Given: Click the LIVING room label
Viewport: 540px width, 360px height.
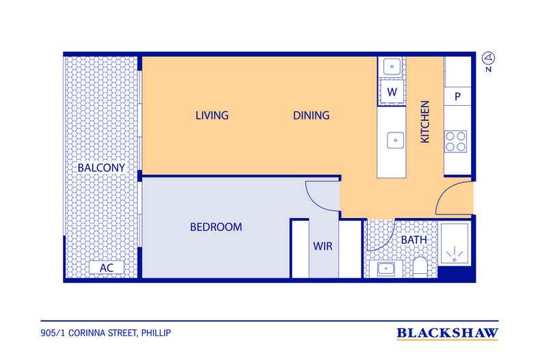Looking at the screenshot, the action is pyautogui.click(x=212, y=115).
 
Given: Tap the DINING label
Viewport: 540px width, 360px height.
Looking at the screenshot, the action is pyautogui.click(x=311, y=115).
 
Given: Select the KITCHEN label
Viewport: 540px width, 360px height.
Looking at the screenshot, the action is pyautogui.click(x=425, y=122).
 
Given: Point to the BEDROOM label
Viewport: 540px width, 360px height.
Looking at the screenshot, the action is pyautogui.click(x=216, y=227).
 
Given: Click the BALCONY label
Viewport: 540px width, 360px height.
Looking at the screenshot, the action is pyautogui.click(x=101, y=168).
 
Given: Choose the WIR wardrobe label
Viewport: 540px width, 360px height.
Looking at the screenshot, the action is pyautogui.click(x=323, y=246).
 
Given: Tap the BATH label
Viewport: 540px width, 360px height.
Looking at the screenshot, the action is pyautogui.click(x=414, y=240).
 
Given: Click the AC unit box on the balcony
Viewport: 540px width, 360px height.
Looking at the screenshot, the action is pyautogui.click(x=107, y=268).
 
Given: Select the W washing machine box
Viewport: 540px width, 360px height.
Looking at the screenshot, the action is pyautogui.click(x=392, y=92).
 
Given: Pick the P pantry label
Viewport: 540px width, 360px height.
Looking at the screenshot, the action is pyautogui.click(x=457, y=97).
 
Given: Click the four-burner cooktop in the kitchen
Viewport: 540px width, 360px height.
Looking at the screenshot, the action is pyautogui.click(x=456, y=141).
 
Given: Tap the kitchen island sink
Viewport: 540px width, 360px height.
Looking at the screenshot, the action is pyautogui.click(x=395, y=141).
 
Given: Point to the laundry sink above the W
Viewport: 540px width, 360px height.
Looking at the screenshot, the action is pyautogui.click(x=392, y=66).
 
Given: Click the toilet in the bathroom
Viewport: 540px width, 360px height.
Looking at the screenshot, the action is pyautogui.click(x=420, y=267).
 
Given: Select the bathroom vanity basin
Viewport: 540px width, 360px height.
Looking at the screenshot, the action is pyautogui.click(x=386, y=268).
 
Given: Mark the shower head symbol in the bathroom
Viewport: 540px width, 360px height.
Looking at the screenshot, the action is pyautogui.click(x=455, y=255).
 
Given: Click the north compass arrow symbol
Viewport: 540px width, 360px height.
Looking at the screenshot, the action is pyautogui.click(x=488, y=58).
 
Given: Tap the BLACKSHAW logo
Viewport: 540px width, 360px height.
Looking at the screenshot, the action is pyautogui.click(x=447, y=333).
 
